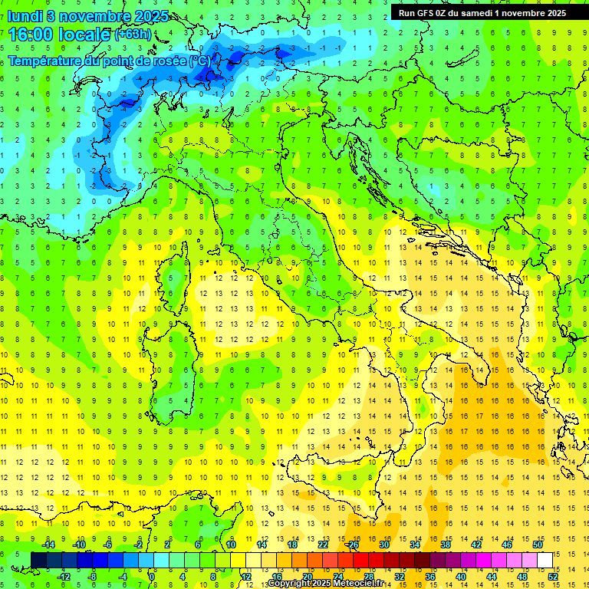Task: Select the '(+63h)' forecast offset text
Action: (133, 35)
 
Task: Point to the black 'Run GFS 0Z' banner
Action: (482, 12)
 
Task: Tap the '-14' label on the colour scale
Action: (48, 545)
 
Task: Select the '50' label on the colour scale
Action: (537, 545)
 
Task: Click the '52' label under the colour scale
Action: (553, 576)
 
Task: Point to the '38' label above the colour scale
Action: (446, 545)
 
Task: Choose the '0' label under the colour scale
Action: (153, 576)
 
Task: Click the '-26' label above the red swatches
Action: (352, 545)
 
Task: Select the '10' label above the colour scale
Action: (231, 545)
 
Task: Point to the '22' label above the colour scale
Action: (323, 545)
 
